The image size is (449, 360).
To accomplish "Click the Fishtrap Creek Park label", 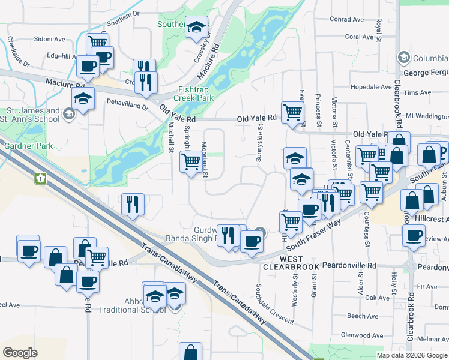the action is coord(194,93).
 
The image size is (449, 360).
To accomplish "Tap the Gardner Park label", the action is coord(28,146).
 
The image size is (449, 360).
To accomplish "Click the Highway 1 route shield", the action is coord(41,178).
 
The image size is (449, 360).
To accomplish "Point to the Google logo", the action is coord(20,352).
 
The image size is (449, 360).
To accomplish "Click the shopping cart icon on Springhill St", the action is coord(191,161).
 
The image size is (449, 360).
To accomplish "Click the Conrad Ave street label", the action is coord(346,20).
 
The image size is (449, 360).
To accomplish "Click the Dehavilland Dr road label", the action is coord(128,106).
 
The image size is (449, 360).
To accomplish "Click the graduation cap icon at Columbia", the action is coord(403,58).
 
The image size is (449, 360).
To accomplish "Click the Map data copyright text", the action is coord(412,355).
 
